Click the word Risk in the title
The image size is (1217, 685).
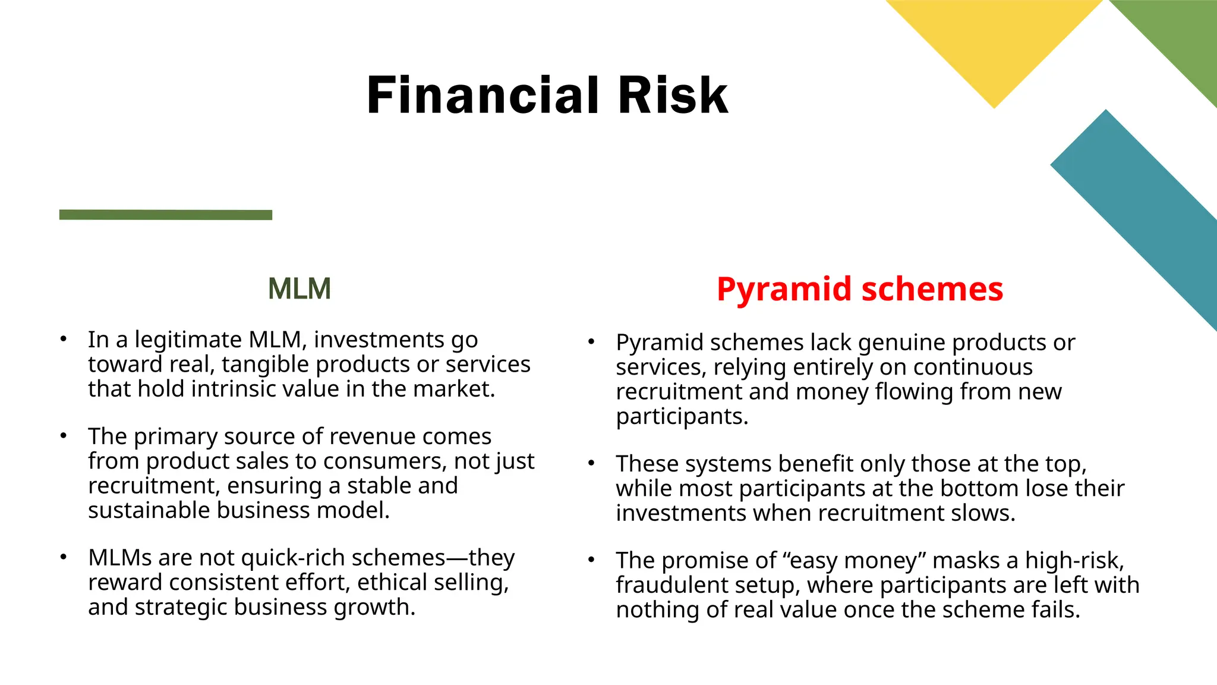(x=673, y=95)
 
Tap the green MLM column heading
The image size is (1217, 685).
(x=299, y=289)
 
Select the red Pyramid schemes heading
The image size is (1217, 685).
(x=859, y=290)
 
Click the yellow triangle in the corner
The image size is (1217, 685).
(x=994, y=42)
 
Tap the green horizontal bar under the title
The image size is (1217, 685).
(x=166, y=215)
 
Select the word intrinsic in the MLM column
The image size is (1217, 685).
(x=234, y=389)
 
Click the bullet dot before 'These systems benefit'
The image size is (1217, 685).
(x=591, y=463)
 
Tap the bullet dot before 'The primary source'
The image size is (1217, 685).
(x=63, y=435)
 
